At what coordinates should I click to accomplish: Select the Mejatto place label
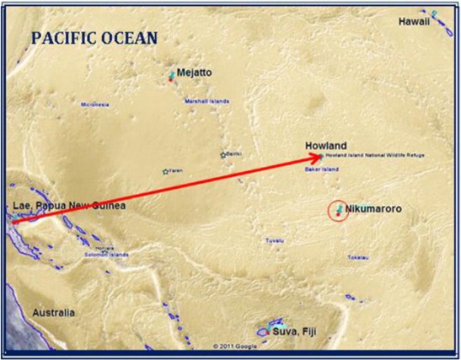click(195, 73)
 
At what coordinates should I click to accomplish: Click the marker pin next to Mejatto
click(172, 75)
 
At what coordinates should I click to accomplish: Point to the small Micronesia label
click(95, 105)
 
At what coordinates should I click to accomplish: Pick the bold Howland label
click(326, 146)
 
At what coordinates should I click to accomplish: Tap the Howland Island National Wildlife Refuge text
click(374, 156)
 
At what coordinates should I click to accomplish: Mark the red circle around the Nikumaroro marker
click(338, 211)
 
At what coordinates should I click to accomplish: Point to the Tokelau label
click(358, 256)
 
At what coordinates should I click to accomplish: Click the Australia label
click(53, 313)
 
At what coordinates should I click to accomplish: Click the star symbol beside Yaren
click(165, 171)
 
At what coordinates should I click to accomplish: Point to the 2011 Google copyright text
click(236, 346)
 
